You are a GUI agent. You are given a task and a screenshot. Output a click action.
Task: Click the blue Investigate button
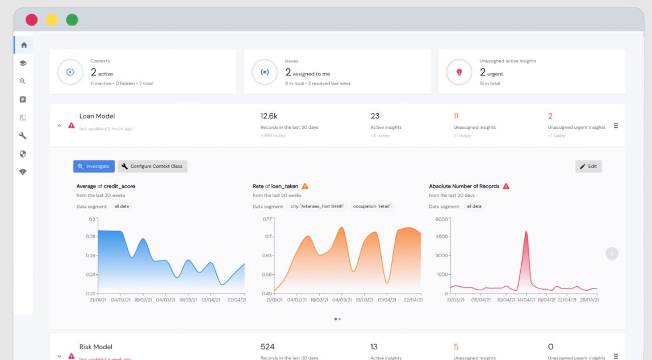click(x=94, y=166)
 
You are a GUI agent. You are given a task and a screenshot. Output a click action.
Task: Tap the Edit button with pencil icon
click(x=588, y=166)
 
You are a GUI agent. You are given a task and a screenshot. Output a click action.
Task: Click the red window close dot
click(x=32, y=19)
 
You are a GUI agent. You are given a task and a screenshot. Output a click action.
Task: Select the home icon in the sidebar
click(x=23, y=45)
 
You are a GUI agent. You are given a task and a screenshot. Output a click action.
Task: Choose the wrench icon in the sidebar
click(x=23, y=136)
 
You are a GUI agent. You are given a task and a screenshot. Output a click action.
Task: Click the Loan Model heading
click(x=97, y=116)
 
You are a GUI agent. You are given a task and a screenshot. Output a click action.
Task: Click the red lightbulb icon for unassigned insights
click(x=460, y=72)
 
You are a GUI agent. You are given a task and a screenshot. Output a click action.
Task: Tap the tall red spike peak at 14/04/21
click(x=526, y=232)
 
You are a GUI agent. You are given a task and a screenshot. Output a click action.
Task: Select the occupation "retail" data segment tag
click(x=372, y=206)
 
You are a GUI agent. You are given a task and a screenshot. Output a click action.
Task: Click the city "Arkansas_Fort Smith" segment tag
click(x=317, y=206)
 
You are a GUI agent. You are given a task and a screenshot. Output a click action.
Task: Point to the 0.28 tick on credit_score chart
click(x=91, y=236)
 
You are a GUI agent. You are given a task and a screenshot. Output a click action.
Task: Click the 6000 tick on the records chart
click(x=441, y=219)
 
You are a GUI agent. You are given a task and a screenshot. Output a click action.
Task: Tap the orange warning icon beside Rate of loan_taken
click(x=305, y=186)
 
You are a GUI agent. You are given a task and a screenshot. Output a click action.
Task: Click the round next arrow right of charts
click(x=612, y=254)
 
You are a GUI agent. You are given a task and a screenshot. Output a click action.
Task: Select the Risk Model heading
click(x=96, y=346)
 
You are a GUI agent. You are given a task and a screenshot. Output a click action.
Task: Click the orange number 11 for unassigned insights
click(x=456, y=116)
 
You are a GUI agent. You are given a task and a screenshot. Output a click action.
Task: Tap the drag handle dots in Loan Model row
click(x=616, y=125)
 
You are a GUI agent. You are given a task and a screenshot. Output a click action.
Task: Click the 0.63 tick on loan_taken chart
click(x=268, y=256)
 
